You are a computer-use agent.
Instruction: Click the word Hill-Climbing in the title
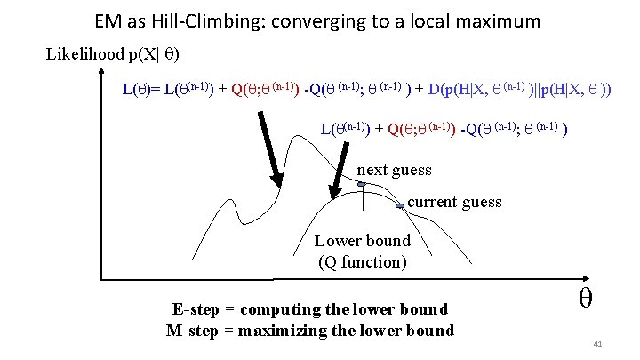pyautogui.click(x=204, y=20)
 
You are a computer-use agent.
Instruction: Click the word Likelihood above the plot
pyautogui.click(x=85, y=54)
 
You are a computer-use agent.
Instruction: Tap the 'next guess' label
pyautogui.click(x=394, y=170)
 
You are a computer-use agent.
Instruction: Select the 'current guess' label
pyautogui.click(x=454, y=202)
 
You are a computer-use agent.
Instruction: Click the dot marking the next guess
pyautogui.click(x=362, y=184)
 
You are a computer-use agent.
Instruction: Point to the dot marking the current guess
pyautogui.click(x=400, y=205)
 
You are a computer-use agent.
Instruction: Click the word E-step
pyautogui.click(x=193, y=310)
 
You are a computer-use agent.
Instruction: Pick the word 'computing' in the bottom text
pyautogui.click(x=288, y=310)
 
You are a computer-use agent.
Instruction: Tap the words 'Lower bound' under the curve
pyautogui.click(x=363, y=240)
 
